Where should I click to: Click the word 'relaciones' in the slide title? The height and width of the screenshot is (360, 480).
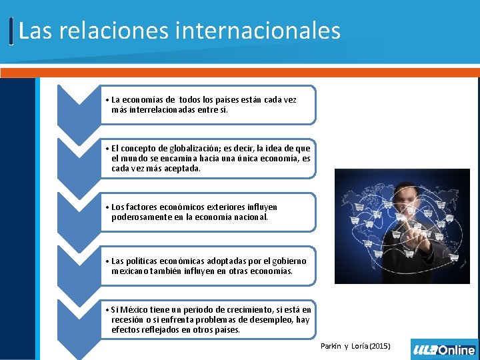[x=137, y=31]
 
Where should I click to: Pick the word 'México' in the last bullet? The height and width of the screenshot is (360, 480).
[x=134, y=310]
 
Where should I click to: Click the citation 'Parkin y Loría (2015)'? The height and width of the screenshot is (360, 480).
[x=355, y=346]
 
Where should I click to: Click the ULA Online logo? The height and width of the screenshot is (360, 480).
[x=444, y=349]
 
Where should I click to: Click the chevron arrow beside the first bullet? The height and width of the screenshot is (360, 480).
[x=79, y=107]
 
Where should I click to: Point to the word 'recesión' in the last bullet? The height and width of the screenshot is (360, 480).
[x=128, y=320]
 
